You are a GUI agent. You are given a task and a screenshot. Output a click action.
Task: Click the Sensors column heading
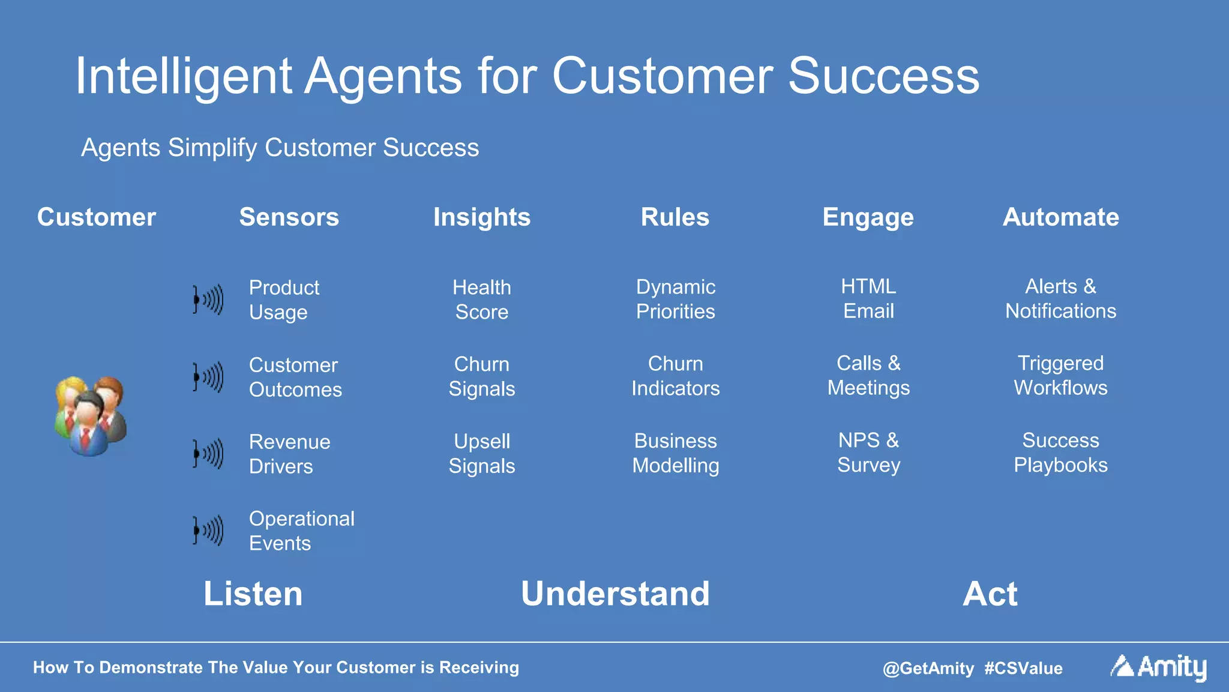(x=289, y=217)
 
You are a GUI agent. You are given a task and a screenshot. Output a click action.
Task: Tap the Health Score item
(x=481, y=299)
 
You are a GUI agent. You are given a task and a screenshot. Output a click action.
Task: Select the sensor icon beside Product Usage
(x=208, y=299)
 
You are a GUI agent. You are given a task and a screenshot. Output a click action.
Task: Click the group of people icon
(x=90, y=416)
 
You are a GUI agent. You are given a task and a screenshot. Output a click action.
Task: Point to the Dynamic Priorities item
(x=675, y=299)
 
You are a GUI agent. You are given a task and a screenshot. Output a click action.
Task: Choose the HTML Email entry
(x=868, y=298)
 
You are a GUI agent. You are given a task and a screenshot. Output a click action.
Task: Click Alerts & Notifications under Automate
(x=1060, y=298)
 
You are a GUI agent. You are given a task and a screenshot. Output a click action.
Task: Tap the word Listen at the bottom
(x=253, y=594)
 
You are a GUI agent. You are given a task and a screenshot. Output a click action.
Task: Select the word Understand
(x=615, y=594)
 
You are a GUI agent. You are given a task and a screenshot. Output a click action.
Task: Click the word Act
(x=990, y=594)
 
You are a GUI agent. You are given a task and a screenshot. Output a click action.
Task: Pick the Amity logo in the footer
(x=1158, y=667)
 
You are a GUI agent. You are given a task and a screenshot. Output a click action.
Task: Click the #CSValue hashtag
(x=1023, y=668)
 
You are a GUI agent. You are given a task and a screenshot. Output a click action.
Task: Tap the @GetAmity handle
(x=928, y=668)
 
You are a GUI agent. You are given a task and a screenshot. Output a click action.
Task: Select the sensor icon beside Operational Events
(x=208, y=531)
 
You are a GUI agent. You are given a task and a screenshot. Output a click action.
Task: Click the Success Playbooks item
(x=1060, y=453)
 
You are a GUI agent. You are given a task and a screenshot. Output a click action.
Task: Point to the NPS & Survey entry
(x=868, y=453)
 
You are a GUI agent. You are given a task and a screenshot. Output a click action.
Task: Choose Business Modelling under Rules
(x=675, y=453)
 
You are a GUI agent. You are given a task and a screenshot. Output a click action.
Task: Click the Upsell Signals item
(x=481, y=454)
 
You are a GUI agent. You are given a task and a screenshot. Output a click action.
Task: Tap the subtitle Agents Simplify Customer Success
(x=280, y=148)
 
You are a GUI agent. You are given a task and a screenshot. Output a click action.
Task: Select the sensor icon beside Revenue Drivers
(x=208, y=454)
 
